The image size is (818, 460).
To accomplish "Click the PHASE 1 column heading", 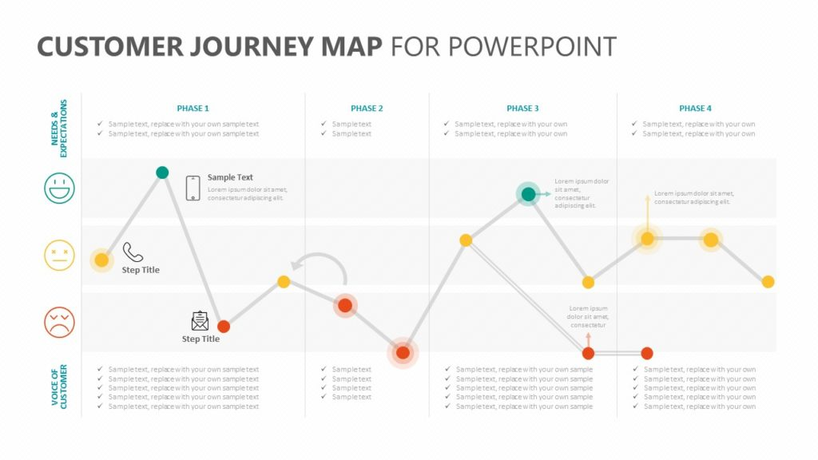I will point(193,108).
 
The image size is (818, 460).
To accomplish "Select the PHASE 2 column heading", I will point(367,108).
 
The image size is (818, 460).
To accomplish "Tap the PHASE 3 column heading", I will point(522,108).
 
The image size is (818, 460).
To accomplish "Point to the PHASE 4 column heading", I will point(695,108).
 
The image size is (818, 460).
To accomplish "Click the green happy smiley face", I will point(59,188).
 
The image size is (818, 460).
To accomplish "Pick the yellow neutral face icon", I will point(59,256).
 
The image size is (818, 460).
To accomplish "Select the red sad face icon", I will point(59,323).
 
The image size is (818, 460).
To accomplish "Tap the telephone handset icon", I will point(133,253).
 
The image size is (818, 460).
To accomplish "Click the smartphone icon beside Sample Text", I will point(193,188).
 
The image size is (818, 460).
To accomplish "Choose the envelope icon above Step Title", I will point(200,321).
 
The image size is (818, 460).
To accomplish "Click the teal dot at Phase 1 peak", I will point(162,172).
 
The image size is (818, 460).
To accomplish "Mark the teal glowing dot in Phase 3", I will point(528,194).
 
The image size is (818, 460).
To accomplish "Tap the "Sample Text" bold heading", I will point(230,177).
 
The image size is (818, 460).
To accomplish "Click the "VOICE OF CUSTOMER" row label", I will point(59,387).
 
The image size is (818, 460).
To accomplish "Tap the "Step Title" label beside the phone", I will point(141,270).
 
